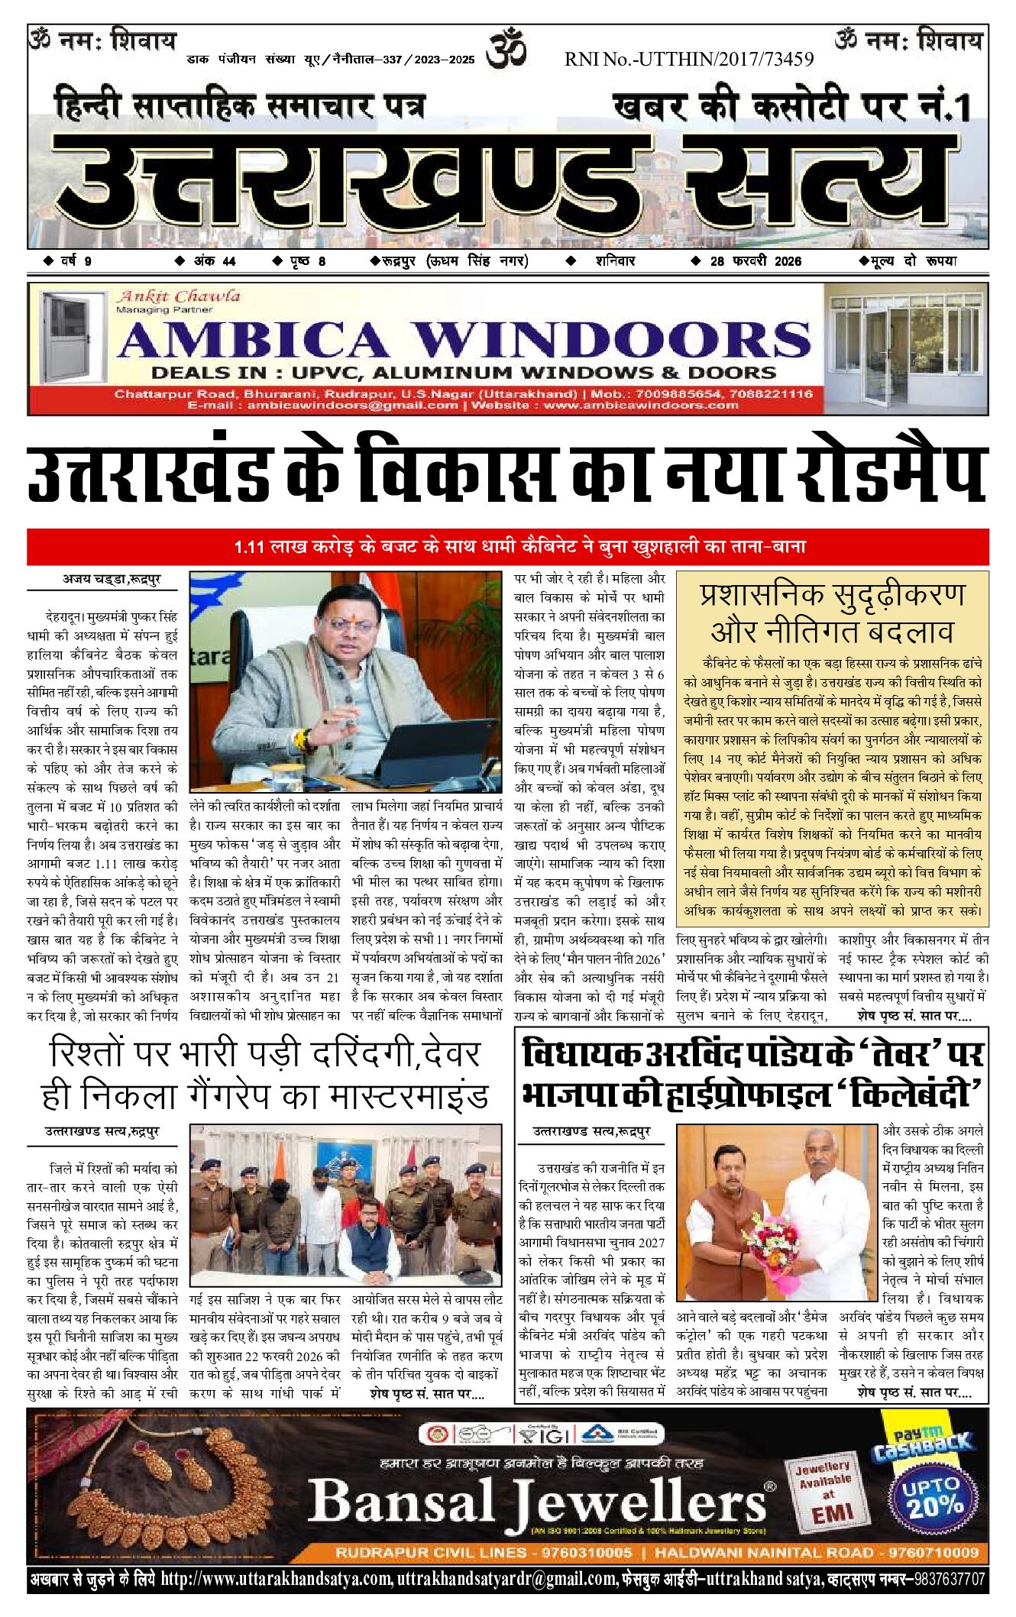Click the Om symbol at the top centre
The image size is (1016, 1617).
coord(507,48)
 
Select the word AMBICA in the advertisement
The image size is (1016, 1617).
coord(253,340)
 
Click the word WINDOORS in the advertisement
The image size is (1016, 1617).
coord(611,340)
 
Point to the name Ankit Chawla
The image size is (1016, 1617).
coord(178,296)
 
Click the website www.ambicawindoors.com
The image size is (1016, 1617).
coord(641,405)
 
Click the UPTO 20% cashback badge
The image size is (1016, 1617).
coord(931,1498)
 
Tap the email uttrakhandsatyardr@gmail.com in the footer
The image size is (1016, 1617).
coord(506,1579)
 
